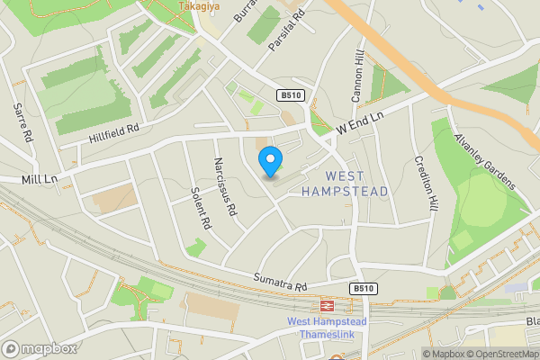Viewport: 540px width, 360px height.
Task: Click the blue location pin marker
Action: [270, 163]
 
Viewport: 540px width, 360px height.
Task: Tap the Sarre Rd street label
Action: [22, 123]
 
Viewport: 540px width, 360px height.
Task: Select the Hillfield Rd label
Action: [114, 132]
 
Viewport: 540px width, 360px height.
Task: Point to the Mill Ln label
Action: [40, 180]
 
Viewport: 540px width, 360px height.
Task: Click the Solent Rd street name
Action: [200, 208]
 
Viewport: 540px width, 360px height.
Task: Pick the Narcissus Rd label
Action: [225, 187]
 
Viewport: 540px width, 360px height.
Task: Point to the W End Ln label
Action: [360, 124]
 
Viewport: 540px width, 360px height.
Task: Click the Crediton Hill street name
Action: [425, 184]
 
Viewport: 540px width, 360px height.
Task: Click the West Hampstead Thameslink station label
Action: [328, 328]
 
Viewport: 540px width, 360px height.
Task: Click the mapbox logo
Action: [39, 348]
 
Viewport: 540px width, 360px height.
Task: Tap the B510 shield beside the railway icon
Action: [362, 288]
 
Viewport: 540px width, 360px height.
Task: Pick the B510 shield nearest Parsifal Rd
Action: [290, 95]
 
